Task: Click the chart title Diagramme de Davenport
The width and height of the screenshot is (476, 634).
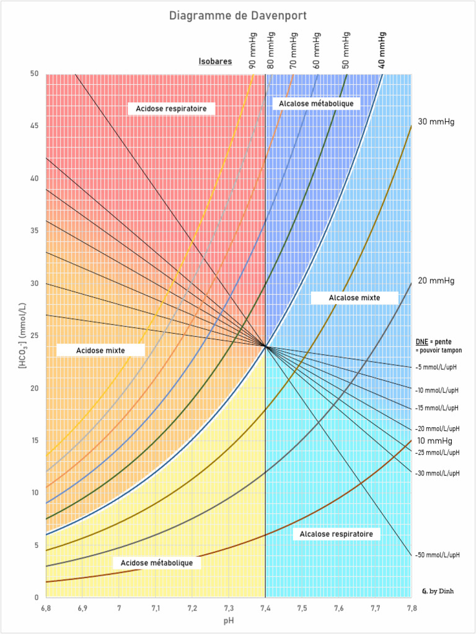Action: pos(238,15)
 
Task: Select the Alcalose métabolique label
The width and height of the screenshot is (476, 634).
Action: pos(316,103)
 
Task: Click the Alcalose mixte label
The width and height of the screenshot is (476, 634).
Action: pos(354,298)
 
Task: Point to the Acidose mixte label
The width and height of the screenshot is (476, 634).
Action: pos(100,350)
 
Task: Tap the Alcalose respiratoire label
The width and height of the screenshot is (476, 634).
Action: pos(336,534)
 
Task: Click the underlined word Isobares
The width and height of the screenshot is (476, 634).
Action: pos(215,61)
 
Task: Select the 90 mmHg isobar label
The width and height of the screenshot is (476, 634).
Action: pos(253,53)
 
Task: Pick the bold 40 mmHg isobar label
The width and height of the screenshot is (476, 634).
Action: pos(382,50)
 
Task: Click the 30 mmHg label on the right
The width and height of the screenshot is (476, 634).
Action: pos(436,121)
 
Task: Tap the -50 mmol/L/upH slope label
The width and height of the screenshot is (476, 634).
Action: pos(438,555)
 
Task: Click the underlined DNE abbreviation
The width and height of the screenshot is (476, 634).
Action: pos(421,342)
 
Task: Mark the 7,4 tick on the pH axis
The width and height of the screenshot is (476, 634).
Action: pos(265,609)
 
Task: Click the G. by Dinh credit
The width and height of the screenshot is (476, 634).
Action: pos(438,591)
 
